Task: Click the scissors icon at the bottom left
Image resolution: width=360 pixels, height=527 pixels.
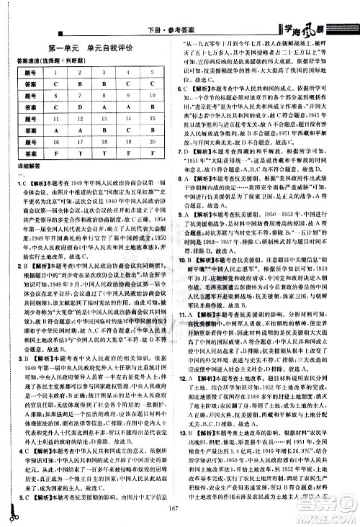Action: [14, 511]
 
